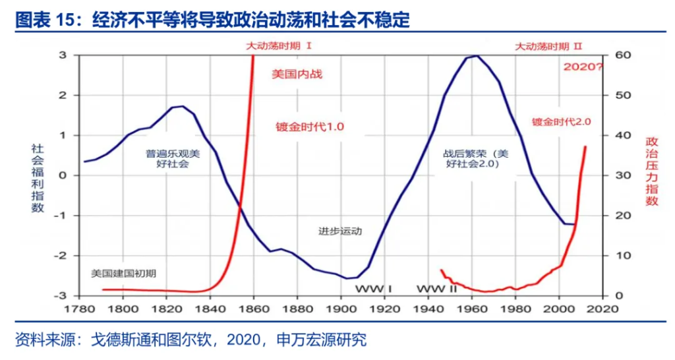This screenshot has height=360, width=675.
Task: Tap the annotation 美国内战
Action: (x=297, y=74)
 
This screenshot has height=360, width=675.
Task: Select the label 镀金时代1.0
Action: (x=310, y=126)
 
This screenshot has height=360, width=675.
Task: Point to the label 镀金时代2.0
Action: (x=562, y=121)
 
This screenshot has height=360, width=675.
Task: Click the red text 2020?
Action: (x=583, y=67)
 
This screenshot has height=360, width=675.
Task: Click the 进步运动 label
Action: (x=340, y=231)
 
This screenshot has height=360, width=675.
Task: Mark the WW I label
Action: (x=374, y=289)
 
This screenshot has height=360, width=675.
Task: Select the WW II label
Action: (x=436, y=289)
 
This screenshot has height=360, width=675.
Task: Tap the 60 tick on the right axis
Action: (x=623, y=55)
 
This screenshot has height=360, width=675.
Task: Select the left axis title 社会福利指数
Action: (x=38, y=178)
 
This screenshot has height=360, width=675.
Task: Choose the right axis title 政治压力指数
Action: (x=652, y=171)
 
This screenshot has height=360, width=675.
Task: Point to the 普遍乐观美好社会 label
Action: (x=172, y=158)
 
